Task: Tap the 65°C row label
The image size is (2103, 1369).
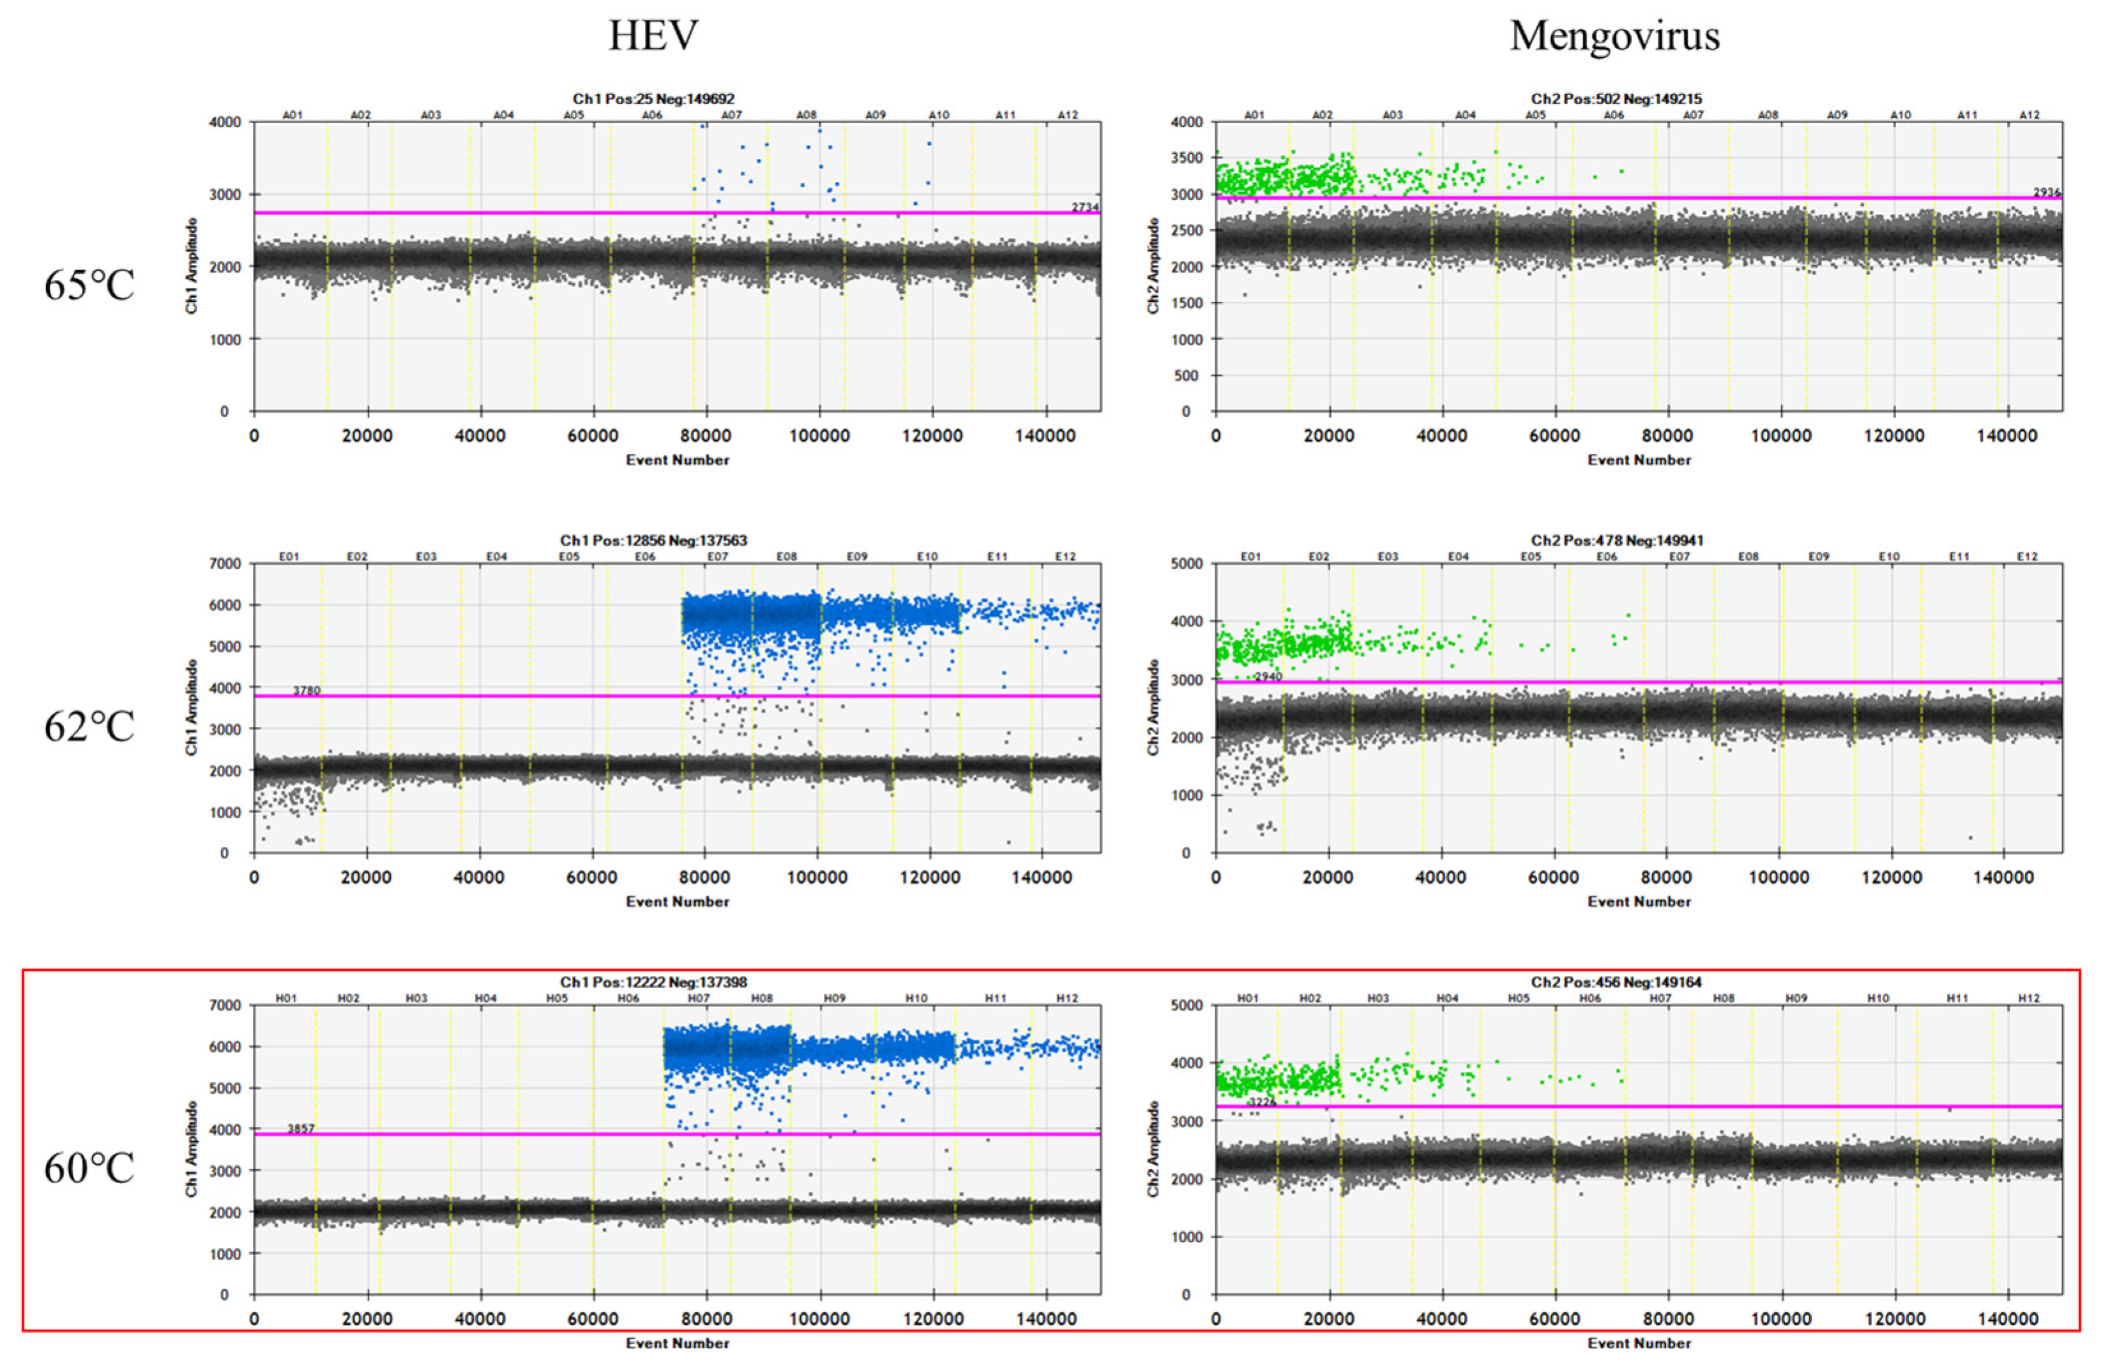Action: [89, 285]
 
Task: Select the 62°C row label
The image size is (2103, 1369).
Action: [89, 727]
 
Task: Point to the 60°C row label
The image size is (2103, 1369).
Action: [89, 1169]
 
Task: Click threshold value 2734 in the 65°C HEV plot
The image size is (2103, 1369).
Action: [1085, 207]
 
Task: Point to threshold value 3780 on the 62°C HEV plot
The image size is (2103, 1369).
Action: [307, 691]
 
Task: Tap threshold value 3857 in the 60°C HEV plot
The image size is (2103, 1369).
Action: [300, 1129]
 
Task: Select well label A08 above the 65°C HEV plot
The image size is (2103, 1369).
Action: [806, 115]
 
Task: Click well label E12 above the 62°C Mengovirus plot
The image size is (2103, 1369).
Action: [2027, 557]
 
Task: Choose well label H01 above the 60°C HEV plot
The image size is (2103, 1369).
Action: [285, 998]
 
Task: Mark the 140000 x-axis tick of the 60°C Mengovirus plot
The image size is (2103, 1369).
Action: [2008, 1320]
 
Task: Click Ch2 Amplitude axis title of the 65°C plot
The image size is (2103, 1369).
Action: [1153, 266]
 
